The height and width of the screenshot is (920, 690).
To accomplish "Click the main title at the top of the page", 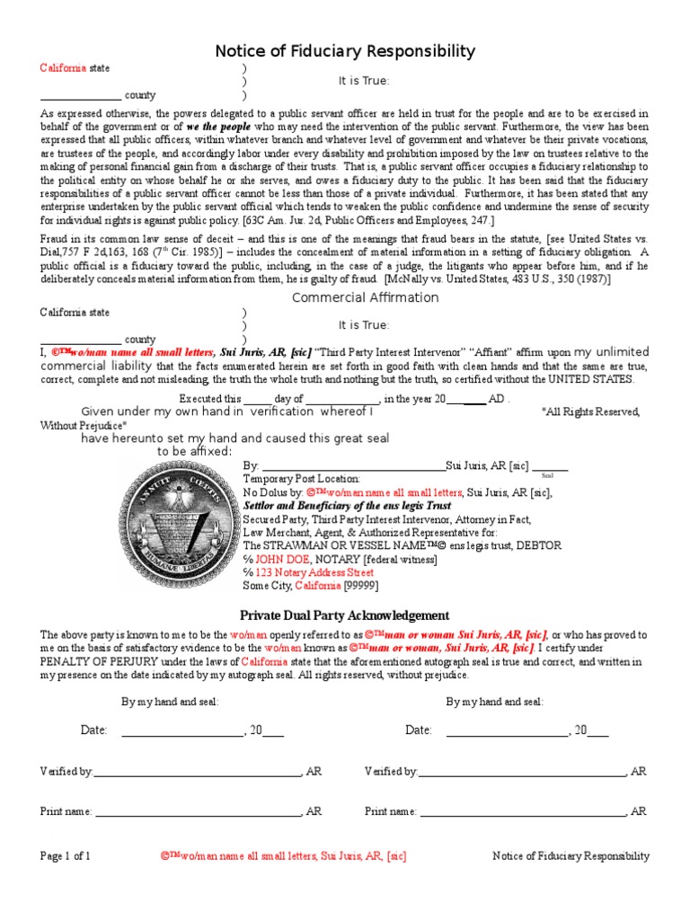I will pos(345,51).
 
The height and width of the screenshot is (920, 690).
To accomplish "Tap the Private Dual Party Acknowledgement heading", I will pos(344,615).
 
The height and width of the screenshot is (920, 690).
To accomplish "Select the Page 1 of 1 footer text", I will pos(66,856).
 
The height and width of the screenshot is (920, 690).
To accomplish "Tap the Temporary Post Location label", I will pos(302,480).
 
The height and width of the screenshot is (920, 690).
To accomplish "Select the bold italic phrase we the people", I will pos(217,128).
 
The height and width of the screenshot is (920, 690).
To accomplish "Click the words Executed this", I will pos(210,399).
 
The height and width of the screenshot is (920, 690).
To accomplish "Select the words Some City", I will pos(270,585).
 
